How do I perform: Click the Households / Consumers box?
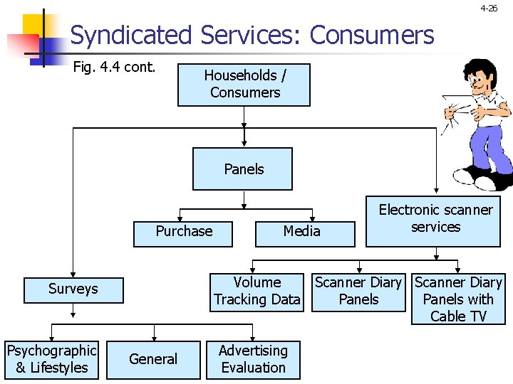tap(244, 85)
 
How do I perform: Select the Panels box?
tap(242, 169)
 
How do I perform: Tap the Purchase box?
tap(183, 232)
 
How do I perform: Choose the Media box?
tap(304, 232)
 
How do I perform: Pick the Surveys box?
tap(72, 289)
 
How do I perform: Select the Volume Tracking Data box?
tap(256, 292)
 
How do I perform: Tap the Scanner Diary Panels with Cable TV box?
tap(458, 299)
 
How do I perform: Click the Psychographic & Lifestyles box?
tap(51, 359)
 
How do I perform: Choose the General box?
tap(152, 359)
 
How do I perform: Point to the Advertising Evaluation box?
tap(253, 359)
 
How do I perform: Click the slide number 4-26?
tap(489, 9)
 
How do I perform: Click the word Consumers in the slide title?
tap(372, 35)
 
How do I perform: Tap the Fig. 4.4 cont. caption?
tap(114, 70)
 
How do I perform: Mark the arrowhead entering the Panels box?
tap(244, 143)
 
